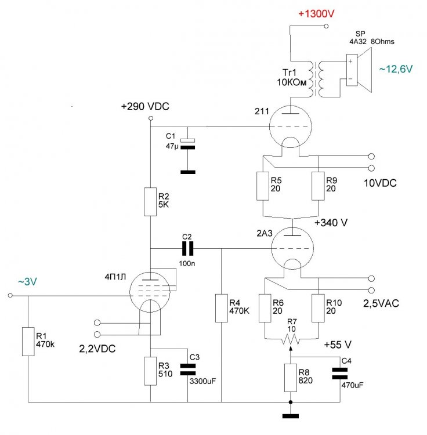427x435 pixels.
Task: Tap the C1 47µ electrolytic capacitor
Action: [187, 144]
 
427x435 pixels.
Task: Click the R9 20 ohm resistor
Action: [318, 186]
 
